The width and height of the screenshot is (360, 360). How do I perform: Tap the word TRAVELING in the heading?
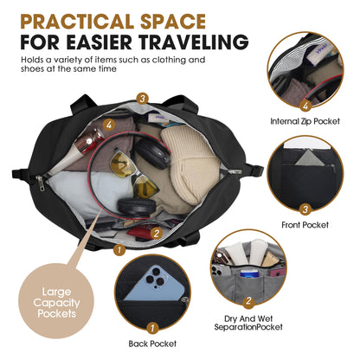[195, 42]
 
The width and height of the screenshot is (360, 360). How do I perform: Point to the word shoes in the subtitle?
[30, 69]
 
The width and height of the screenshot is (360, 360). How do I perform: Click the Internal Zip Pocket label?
[305, 121]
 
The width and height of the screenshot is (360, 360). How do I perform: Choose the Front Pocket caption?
[305, 225]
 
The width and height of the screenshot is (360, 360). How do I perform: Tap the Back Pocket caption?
[152, 344]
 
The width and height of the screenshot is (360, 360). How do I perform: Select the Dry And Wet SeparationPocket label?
[248, 323]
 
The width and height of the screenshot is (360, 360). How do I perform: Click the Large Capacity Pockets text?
[56, 302]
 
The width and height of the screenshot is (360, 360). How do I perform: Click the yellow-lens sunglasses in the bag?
[134, 175]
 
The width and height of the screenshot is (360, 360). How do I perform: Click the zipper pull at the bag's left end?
[41, 183]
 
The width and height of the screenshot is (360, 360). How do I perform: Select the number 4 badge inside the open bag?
[109, 125]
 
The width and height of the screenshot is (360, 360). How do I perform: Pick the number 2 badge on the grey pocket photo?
[248, 301]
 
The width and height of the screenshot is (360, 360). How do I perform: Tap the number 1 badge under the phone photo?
[152, 328]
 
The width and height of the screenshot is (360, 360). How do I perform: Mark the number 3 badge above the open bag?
[142, 99]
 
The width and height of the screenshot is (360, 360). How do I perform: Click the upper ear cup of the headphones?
[152, 154]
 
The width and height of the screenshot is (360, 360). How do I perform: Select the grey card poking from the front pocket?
[309, 157]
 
